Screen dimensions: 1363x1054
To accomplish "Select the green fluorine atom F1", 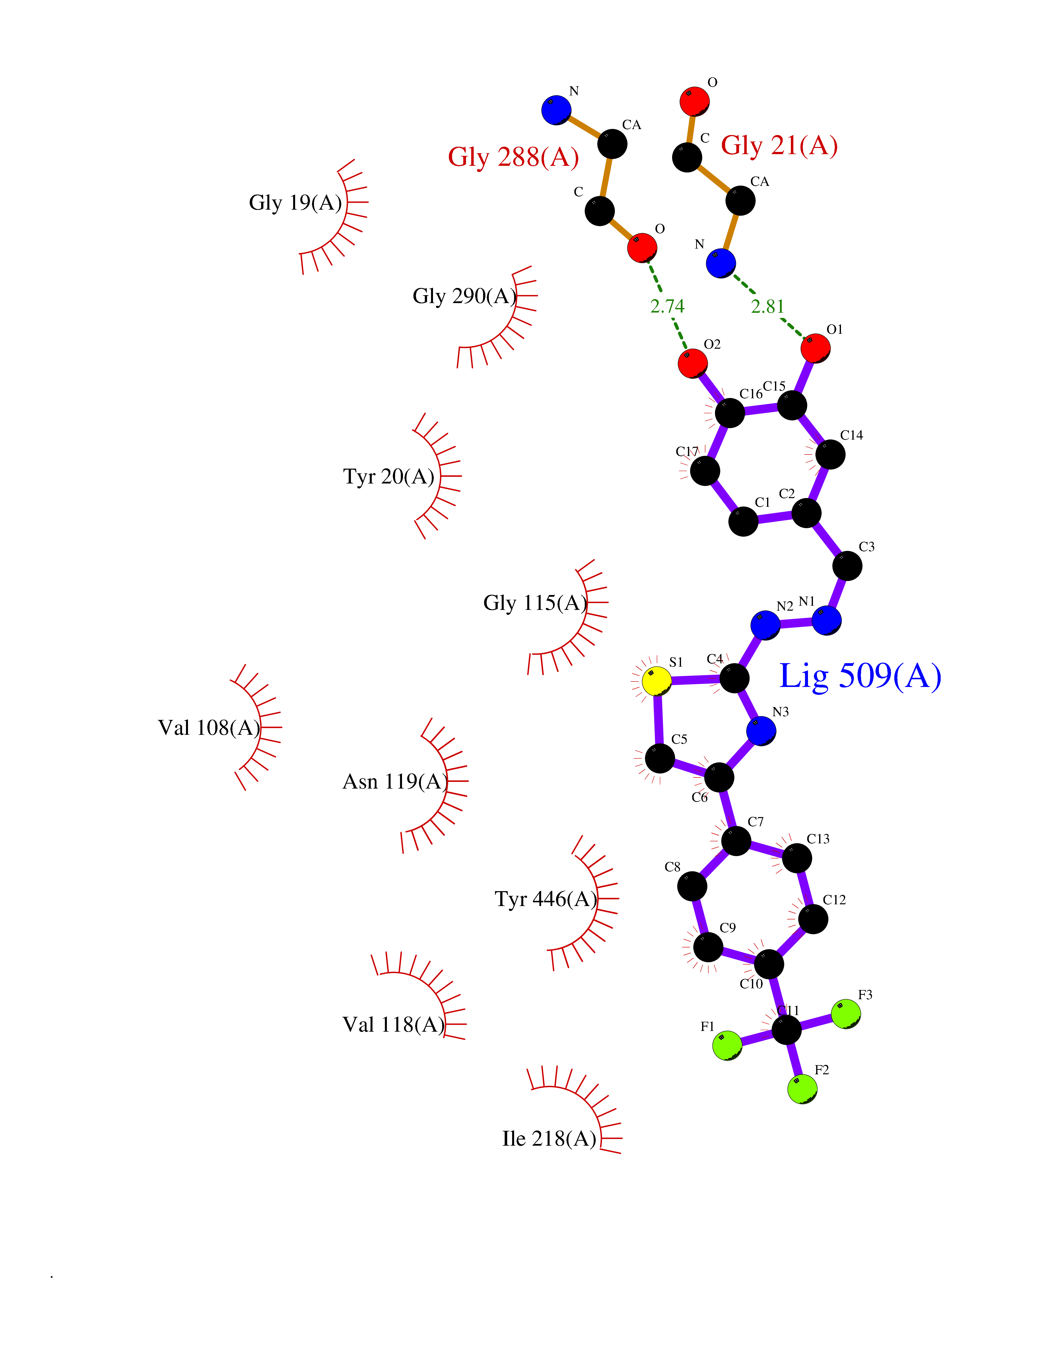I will tap(727, 1045).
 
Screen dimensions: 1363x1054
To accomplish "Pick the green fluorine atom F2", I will tap(802, 1089).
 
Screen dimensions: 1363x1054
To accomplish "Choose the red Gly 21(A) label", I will tap(779, 145).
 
